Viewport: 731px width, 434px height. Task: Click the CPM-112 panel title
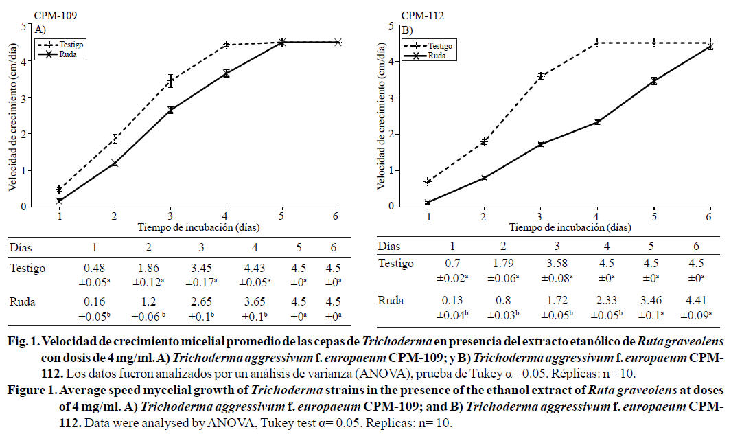point(418,14)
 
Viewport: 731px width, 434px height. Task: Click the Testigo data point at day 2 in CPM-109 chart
point(115,139)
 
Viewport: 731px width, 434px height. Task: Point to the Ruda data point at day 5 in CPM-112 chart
point(654,81)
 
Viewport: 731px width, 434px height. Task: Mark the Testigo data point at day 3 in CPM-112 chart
point(541,76)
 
